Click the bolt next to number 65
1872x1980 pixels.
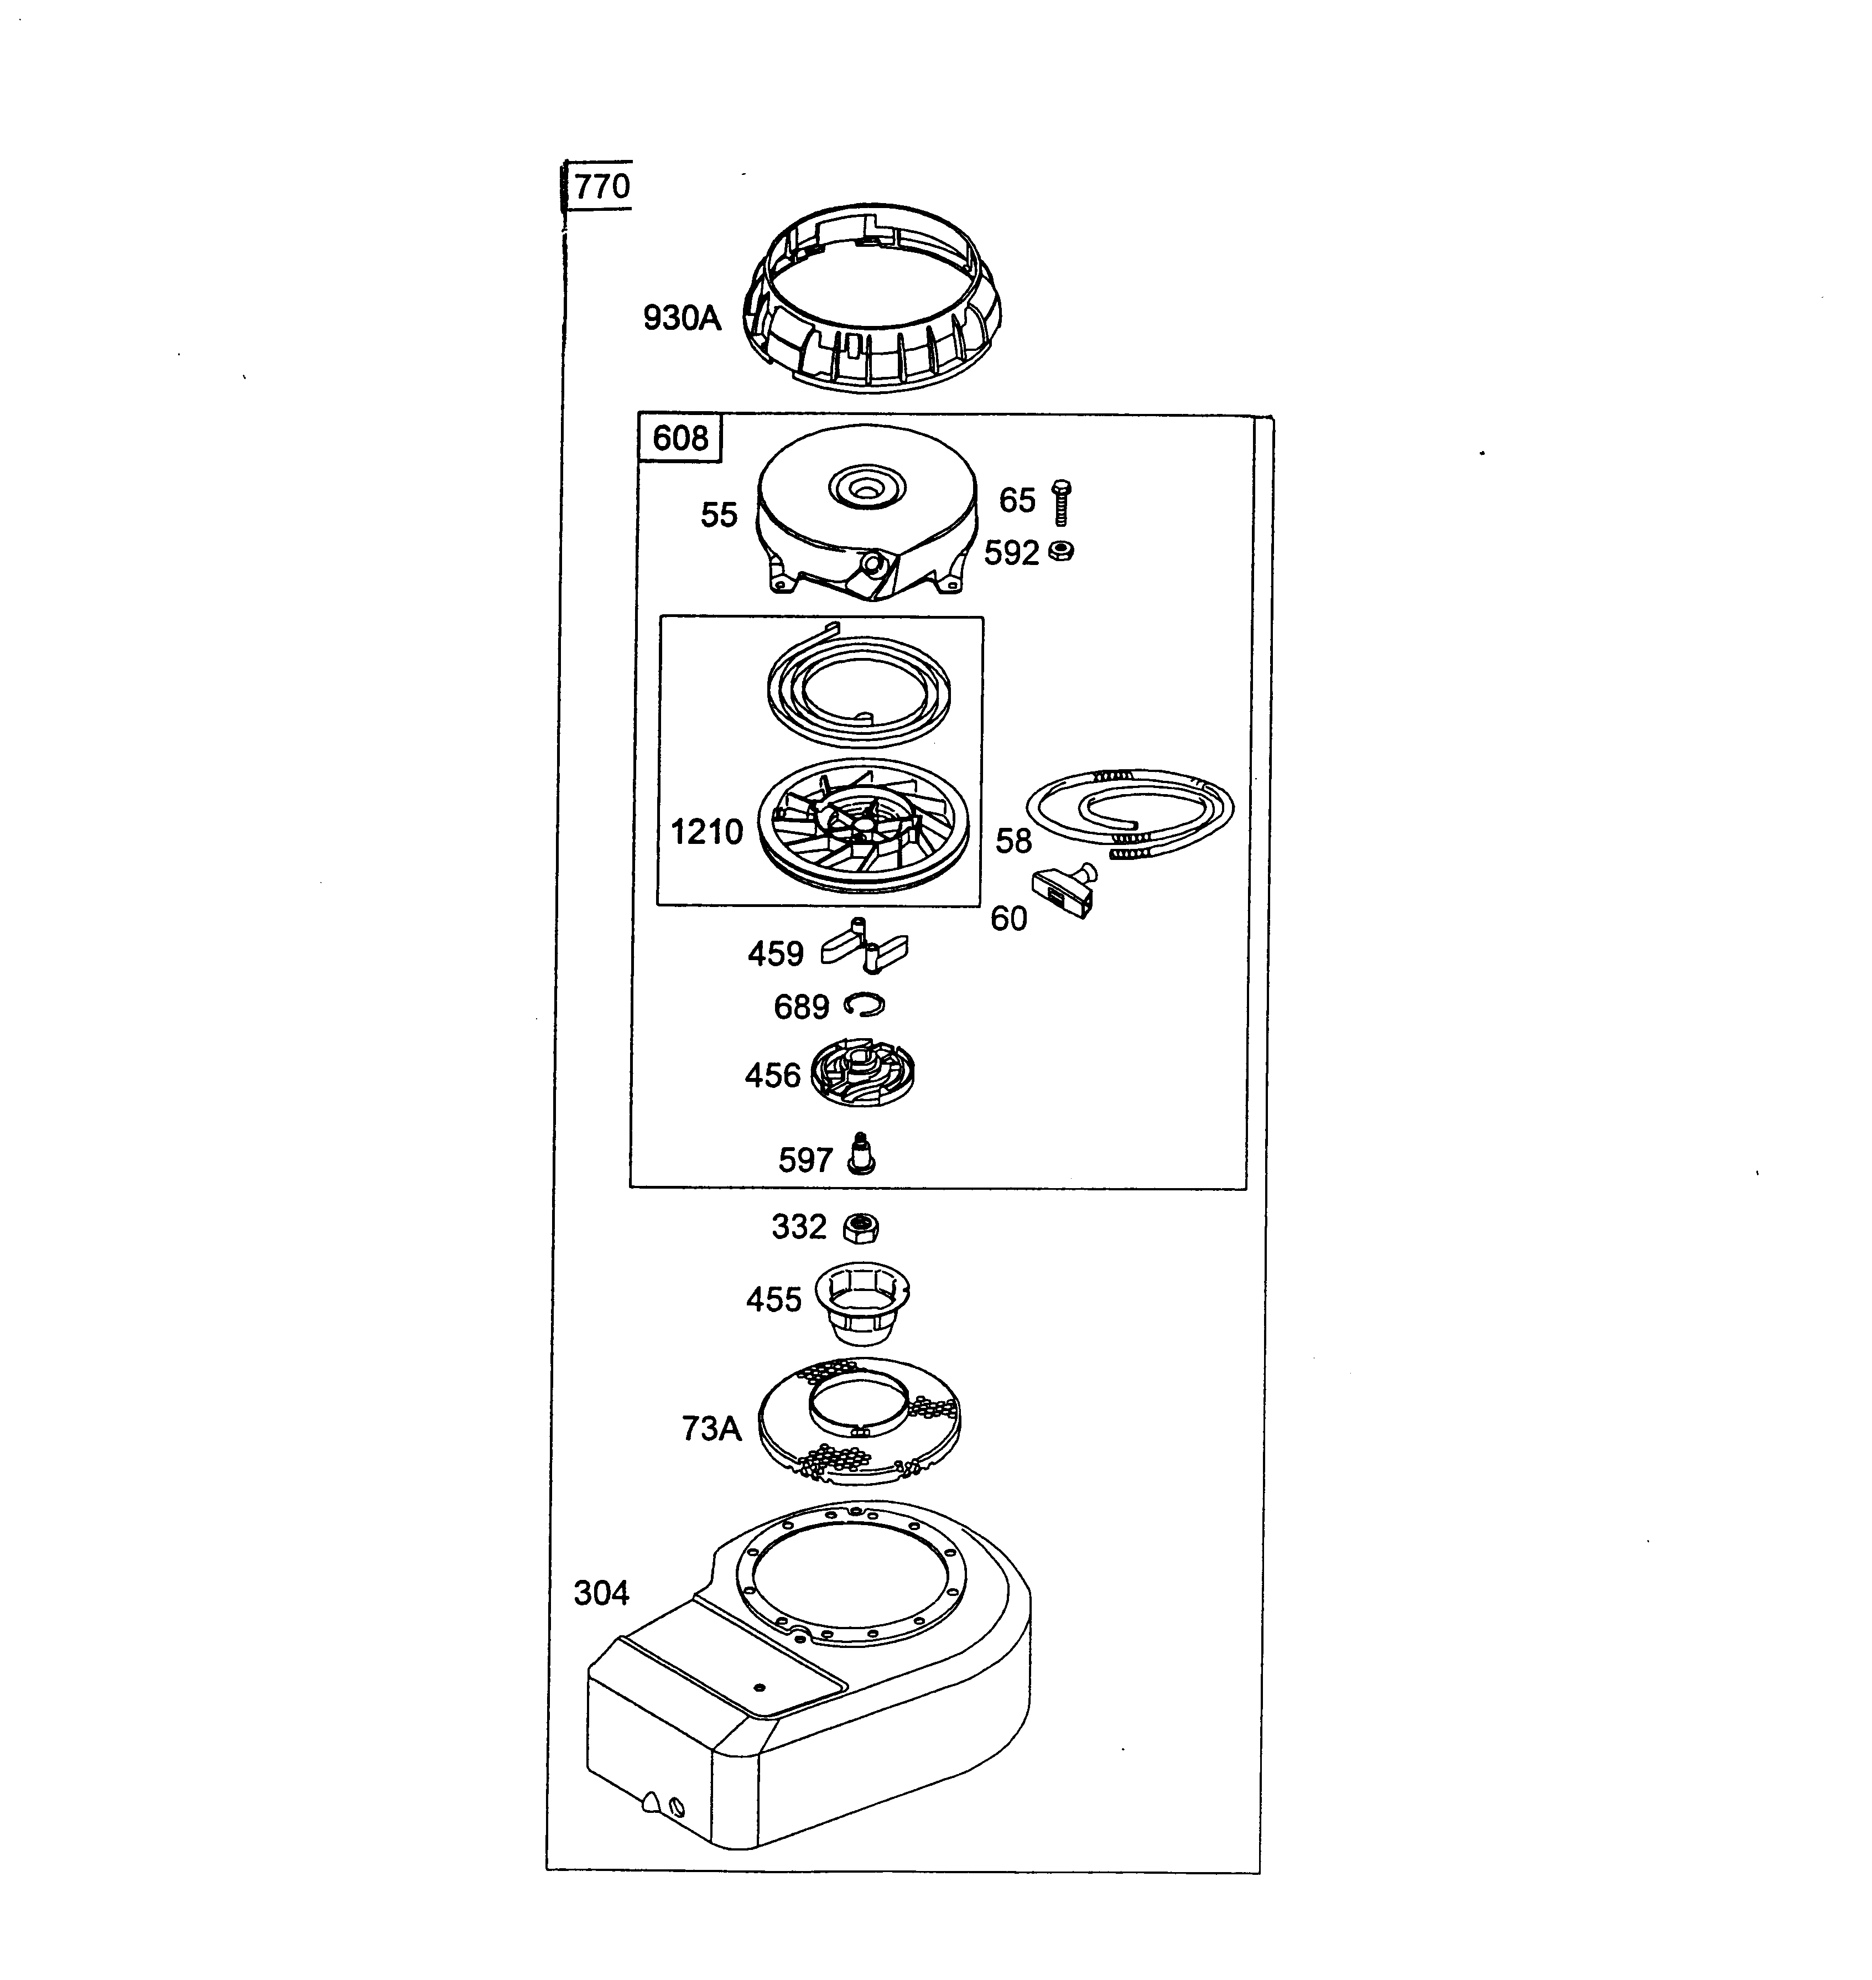click(x=1062, y=502)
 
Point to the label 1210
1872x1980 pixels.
click(x=706, y=831)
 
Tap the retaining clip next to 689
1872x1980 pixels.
click(x=863, y=1005)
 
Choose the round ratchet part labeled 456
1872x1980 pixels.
click(x=862, y=1074)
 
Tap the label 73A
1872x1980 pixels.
click(x=711, y=1429)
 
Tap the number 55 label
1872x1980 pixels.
click(x=719, y=515)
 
